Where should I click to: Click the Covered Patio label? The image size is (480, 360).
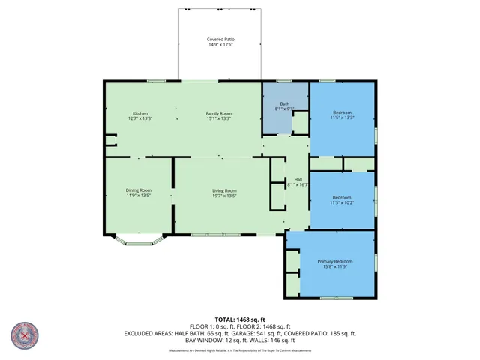pyautogui.click(x=220, y=39)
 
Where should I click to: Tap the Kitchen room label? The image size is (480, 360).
pyautogui.click(x=140, y=112)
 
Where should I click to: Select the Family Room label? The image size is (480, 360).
pyautogui.click(x=219, y=112)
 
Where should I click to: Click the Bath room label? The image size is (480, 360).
pyautogui.click(x=285, y=104)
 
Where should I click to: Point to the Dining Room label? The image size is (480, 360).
pyautogui.click(x=139, y=190)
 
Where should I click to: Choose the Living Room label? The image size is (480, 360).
pyautogui.click(x=224, y=190)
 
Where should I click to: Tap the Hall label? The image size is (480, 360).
pyautogui.click(x=298, y=180)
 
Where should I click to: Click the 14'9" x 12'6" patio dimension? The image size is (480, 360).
pyautogui.click(x=220, y=45)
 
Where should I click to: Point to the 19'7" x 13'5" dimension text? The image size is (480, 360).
pyautogui.click(x=224, y=196)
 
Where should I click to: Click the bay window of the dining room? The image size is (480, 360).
pyautogui.click(x=139, y=239)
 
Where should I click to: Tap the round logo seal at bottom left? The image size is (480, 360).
pyautogui.click(x=24, y=336)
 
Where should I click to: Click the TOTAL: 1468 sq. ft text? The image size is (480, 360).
pyautogui.click(x=240, y=319)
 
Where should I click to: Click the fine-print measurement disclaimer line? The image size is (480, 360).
pyautogui.click(x=240, y=350)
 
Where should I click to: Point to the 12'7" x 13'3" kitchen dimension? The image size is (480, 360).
pyautogui.click(x=140, y=118)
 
